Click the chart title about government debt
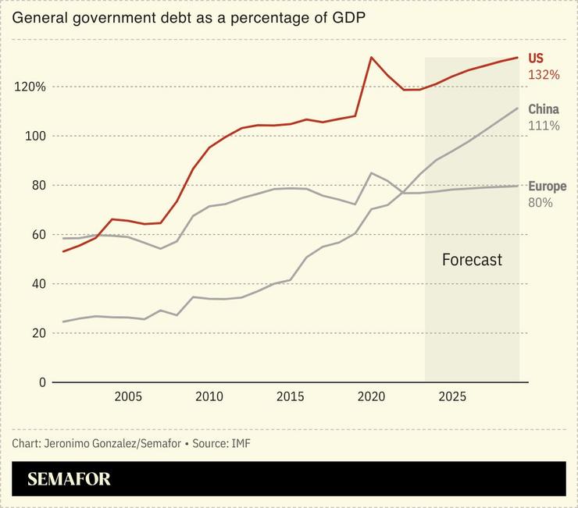190,16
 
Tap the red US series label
536,59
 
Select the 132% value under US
544,75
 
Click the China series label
544,109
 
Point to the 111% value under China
544,126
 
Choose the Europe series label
547,187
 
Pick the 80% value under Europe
541,203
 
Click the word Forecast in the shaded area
472,260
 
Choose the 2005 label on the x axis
128,397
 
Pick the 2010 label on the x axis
209,397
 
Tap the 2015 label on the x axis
291,397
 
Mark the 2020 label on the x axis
372,397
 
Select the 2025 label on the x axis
453,397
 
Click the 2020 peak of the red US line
372,57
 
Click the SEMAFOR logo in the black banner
69,479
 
